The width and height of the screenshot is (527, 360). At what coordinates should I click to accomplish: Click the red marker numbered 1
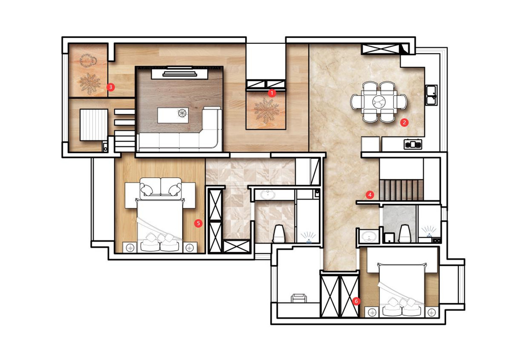click(272, 93)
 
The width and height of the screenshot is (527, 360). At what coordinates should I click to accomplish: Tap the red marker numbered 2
click(404, 122)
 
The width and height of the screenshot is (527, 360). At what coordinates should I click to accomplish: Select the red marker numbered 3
click(111, 87)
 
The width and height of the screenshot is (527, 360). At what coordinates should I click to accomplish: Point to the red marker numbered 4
click(370, 194)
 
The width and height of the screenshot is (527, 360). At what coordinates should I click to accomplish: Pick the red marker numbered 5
click(199, 223)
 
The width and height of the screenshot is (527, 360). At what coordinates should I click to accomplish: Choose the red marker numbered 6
click(356, 301)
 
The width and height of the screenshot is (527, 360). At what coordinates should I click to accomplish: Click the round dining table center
click(379, 102)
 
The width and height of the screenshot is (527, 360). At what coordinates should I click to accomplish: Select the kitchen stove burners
click(413, 144)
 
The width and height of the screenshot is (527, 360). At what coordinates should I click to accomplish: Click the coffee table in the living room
click(173, 115)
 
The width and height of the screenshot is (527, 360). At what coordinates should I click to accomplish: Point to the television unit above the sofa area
click(180, 74)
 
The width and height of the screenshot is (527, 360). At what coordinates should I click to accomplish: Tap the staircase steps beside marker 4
click(401, 190)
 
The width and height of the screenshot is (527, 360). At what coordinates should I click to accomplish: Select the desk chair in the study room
click(299, 298)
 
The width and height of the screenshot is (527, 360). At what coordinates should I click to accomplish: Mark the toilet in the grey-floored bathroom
click(404, 234)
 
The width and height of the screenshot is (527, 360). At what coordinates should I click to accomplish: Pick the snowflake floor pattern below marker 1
click(267, 111)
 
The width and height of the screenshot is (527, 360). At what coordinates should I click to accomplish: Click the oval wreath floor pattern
click(88, 61)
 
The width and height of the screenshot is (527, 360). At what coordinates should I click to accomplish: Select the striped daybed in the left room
click(94, 125)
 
